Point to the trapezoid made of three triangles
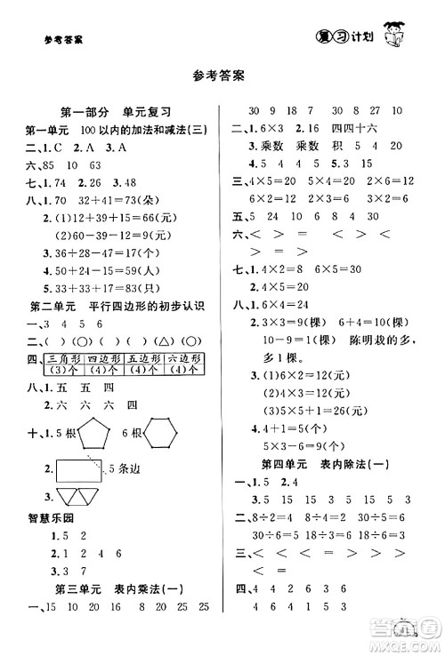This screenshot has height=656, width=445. tap(79, 497)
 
